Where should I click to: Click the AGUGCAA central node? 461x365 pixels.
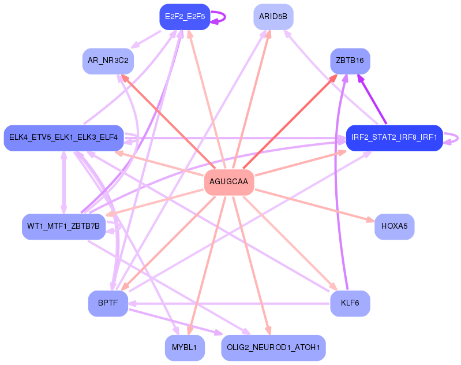228,182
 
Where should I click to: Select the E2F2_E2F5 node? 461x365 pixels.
185,16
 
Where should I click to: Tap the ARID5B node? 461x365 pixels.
273,16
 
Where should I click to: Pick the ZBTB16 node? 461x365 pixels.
350,61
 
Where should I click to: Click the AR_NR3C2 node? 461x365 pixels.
108,61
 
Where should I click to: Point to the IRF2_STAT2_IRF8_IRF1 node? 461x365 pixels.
394,137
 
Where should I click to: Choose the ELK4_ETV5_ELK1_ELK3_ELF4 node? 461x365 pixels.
63,137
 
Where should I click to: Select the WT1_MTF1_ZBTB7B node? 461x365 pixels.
63,226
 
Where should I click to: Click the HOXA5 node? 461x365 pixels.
394,226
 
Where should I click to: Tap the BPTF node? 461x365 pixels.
108,303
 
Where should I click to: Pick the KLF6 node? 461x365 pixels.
350,303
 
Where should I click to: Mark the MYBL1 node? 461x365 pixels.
185,347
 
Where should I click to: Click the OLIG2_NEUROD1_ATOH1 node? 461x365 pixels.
273,347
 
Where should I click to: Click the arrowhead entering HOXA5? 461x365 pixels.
370,219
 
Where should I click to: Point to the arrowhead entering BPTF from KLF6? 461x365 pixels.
132,303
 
